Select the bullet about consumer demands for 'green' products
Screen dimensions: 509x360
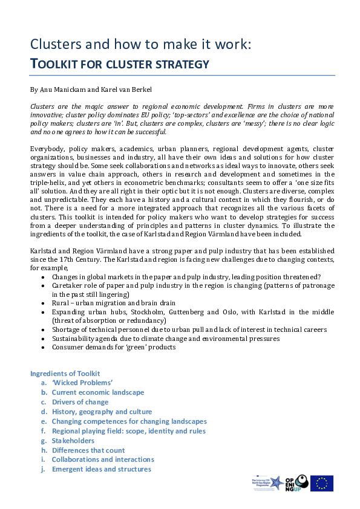(114, 347)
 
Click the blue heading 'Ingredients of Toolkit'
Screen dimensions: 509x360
(65, 374)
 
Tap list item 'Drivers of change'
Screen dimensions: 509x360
(80, 402)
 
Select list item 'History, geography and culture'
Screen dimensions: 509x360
(102, 412)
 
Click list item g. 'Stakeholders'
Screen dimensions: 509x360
(73, 441)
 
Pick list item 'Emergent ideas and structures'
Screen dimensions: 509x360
(101, 469)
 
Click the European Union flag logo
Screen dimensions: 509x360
(321, 483)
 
